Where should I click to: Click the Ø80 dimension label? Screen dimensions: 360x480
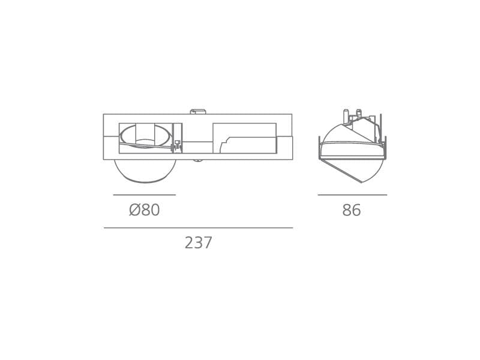[x=145, y=211]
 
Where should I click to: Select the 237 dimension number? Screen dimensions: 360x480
[x=199, y=243]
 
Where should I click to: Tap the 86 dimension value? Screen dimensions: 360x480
[x=352, y=211]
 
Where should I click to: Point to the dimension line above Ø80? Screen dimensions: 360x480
[x=145, y=195]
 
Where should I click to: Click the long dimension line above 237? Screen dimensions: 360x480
[x=199, y=228]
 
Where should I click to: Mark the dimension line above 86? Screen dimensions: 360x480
[x=352, y=195]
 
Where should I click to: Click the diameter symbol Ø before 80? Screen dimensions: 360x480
[x=134, y=211]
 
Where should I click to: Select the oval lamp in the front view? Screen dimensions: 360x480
[x=145, y=136]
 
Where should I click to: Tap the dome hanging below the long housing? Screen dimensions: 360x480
[x=145, y=172]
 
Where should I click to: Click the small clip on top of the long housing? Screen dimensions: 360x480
[x=198, y=112]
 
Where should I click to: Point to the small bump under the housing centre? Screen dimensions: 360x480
[x=198, y=161]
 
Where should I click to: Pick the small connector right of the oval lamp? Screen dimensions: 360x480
[x=177, y=144]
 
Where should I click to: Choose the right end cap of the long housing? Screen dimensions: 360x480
[x=284, y=148]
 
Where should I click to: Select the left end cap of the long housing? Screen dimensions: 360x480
[x=111, y=148]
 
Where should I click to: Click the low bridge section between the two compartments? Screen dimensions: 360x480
[x=197, y=148]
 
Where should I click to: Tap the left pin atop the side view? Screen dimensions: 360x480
[x=346, y=116]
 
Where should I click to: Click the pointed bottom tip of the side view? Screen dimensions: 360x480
[x=362, y=182]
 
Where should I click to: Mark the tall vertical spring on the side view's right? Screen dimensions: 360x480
[x=380, y=127]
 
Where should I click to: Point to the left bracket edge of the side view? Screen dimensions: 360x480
[x=319, y=148]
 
